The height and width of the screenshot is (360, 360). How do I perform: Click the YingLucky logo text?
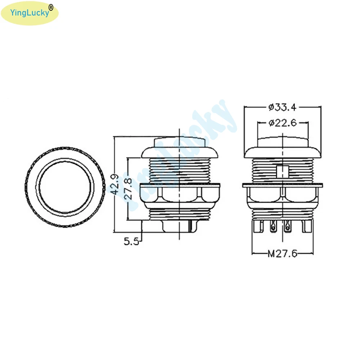point(30,13)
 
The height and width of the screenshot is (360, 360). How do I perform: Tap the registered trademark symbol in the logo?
point(51,8)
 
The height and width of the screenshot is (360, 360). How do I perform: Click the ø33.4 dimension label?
point(282,107)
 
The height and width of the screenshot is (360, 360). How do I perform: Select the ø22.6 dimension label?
point(283,123)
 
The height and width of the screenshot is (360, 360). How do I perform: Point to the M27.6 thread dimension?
point(282,254)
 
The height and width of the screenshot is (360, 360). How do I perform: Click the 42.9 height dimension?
point(115,184)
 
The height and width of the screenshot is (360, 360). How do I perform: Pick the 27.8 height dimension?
point(128,189)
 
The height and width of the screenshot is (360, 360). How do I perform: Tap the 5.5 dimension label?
point(131,241)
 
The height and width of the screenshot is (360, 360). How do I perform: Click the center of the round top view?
point(65,187)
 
